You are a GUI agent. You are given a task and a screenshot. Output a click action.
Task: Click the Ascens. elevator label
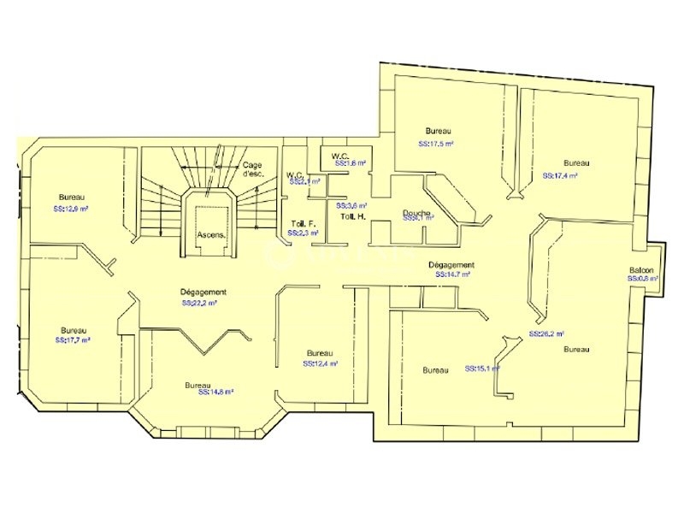(210, 233)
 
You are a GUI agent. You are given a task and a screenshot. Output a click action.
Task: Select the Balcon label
(642, 269)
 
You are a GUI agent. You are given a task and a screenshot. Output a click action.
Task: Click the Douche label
(418, 213)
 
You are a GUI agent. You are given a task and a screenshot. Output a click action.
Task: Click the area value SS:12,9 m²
(72, 208)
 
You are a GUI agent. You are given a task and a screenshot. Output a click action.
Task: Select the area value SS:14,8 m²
(215, 392)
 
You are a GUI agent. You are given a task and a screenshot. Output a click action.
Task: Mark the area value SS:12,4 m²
(320, 363)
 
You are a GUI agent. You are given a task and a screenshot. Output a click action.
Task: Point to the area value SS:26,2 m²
(546, 333)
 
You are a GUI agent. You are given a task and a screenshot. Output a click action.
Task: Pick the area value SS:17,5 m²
(436, 144)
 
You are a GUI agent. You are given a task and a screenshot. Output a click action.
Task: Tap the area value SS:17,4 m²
(560, 175)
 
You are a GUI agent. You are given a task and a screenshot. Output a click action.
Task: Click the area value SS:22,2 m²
(198, 303)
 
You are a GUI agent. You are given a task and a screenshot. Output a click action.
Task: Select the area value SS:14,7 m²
(453, 275)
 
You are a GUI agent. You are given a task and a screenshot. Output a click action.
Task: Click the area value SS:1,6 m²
(351, 162)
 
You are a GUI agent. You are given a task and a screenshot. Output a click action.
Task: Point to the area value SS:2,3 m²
(303, 233)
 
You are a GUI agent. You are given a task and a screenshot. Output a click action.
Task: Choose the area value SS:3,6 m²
(351, 206)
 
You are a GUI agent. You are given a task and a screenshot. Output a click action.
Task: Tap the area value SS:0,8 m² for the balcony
(642, 279)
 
